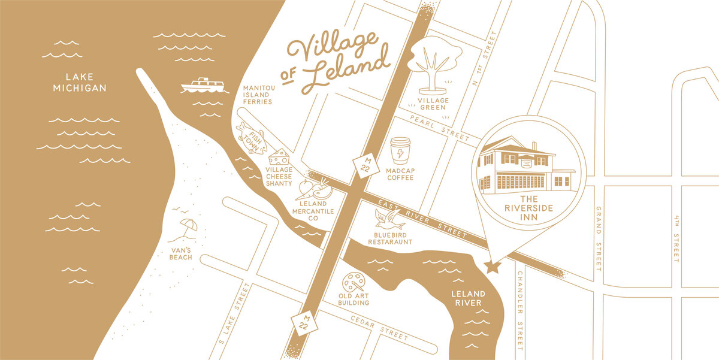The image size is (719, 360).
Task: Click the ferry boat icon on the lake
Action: [203, 86]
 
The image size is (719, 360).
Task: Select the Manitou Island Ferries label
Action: [258, 95]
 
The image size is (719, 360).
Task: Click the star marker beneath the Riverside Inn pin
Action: [493, 267]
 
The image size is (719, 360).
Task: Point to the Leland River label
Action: [468, 298]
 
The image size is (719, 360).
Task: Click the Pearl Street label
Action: [440, 128]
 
